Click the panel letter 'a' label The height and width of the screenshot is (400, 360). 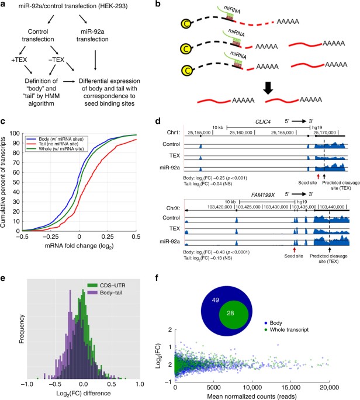(x=5, y=5)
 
